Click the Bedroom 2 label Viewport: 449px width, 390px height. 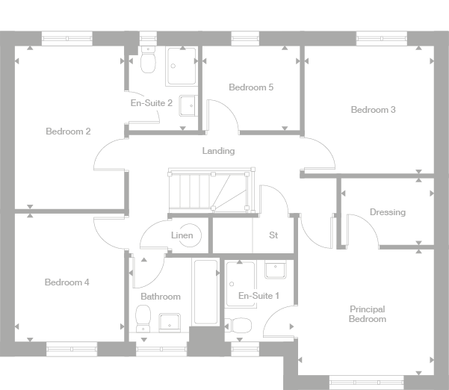pos(68,131)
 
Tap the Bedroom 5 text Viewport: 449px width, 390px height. pos(250,87)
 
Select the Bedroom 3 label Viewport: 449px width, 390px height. pos(373,110)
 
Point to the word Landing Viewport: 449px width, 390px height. pos(218,151)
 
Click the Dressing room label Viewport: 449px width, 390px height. pos(387,212)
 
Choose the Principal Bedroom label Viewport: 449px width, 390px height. pos(368,314)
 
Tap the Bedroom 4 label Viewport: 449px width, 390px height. pos(66,282)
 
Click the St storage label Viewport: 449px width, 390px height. pos(273,235)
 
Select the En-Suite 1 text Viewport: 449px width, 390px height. pos(258,297)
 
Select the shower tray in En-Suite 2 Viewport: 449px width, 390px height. pos(182,66)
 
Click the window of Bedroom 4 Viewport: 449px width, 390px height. pos(72,347)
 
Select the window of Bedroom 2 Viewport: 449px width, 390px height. pos(66,35)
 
